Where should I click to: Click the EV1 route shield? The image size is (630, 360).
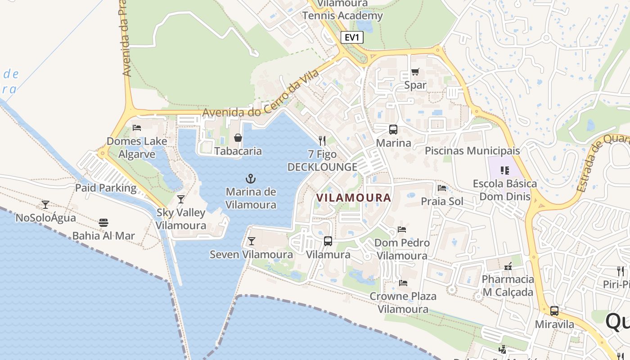tap(351, 37)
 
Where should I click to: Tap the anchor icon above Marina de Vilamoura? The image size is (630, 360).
tap(251, 179)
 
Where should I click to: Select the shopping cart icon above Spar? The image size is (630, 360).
tap(415, 72)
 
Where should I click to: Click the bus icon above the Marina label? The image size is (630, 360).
tap(393, 130)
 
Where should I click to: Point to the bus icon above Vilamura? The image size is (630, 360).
tap(328, 241)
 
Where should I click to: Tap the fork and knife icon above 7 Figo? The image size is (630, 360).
tap(322, 141)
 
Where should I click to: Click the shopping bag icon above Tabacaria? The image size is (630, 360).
tap(238, 138)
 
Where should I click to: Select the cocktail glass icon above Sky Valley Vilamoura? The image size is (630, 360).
tap(181, 199)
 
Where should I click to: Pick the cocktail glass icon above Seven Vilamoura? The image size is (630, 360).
tap(252, 241)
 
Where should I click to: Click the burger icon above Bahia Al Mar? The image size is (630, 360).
tap(103, 222)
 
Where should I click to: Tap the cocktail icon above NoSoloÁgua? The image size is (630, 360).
tap(45, 205)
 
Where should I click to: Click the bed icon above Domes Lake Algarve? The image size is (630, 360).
tap(137, 128)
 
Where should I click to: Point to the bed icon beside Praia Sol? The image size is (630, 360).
tap(442, 188)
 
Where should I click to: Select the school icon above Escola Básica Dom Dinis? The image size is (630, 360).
tap(505, 171)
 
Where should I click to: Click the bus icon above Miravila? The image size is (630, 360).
tap(554, 311)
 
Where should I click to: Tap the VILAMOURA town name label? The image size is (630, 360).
tap(354, 198)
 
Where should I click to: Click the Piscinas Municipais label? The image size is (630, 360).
tap(472, 151)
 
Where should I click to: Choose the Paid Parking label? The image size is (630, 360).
tap(106, 188)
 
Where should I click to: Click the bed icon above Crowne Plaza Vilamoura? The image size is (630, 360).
tap(403, 283)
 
